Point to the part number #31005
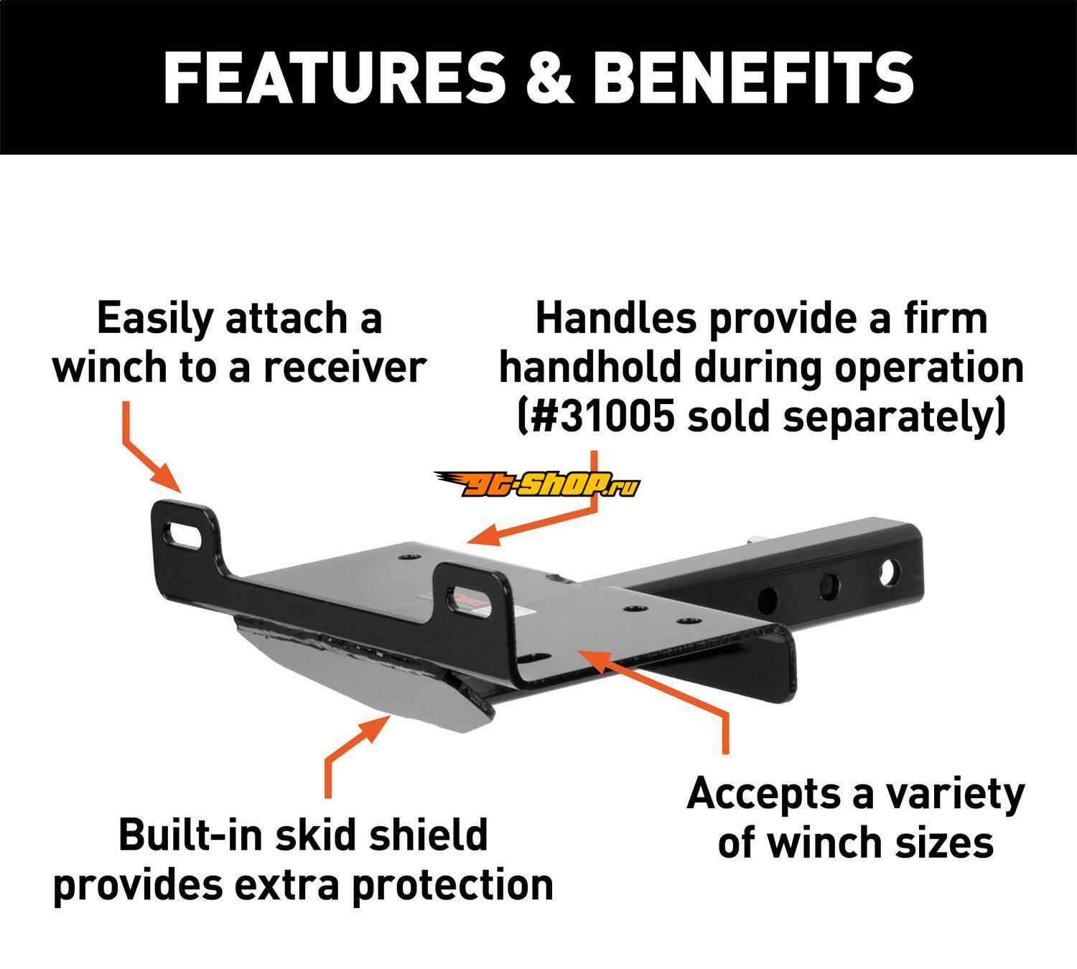pyautogui.click(x=603, y=416)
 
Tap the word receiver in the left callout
pyautogui.click(x=345, y=367)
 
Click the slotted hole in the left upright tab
pyautogui.click(x=183, y=536)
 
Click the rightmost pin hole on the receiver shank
pyautogui.click(x=888, y=572)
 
